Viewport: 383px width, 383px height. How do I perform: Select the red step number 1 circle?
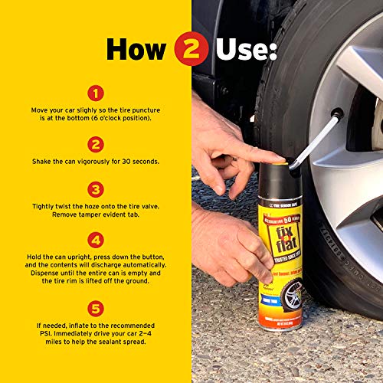[x=96, y=93]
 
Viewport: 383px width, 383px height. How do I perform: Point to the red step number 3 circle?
[x=96, y=188]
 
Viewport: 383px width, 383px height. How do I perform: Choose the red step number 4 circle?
[x=96, y=241]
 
